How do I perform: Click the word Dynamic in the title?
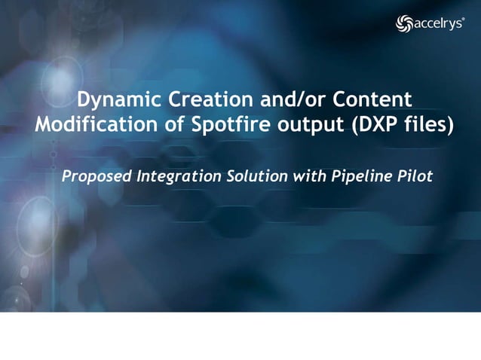[x=115, y=99]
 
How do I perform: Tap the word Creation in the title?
[x=201, y=99]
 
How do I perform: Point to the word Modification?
[x=94, y=125]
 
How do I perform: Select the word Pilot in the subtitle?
[x=412, y=177]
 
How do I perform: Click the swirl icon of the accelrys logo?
[x=404, y=24]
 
